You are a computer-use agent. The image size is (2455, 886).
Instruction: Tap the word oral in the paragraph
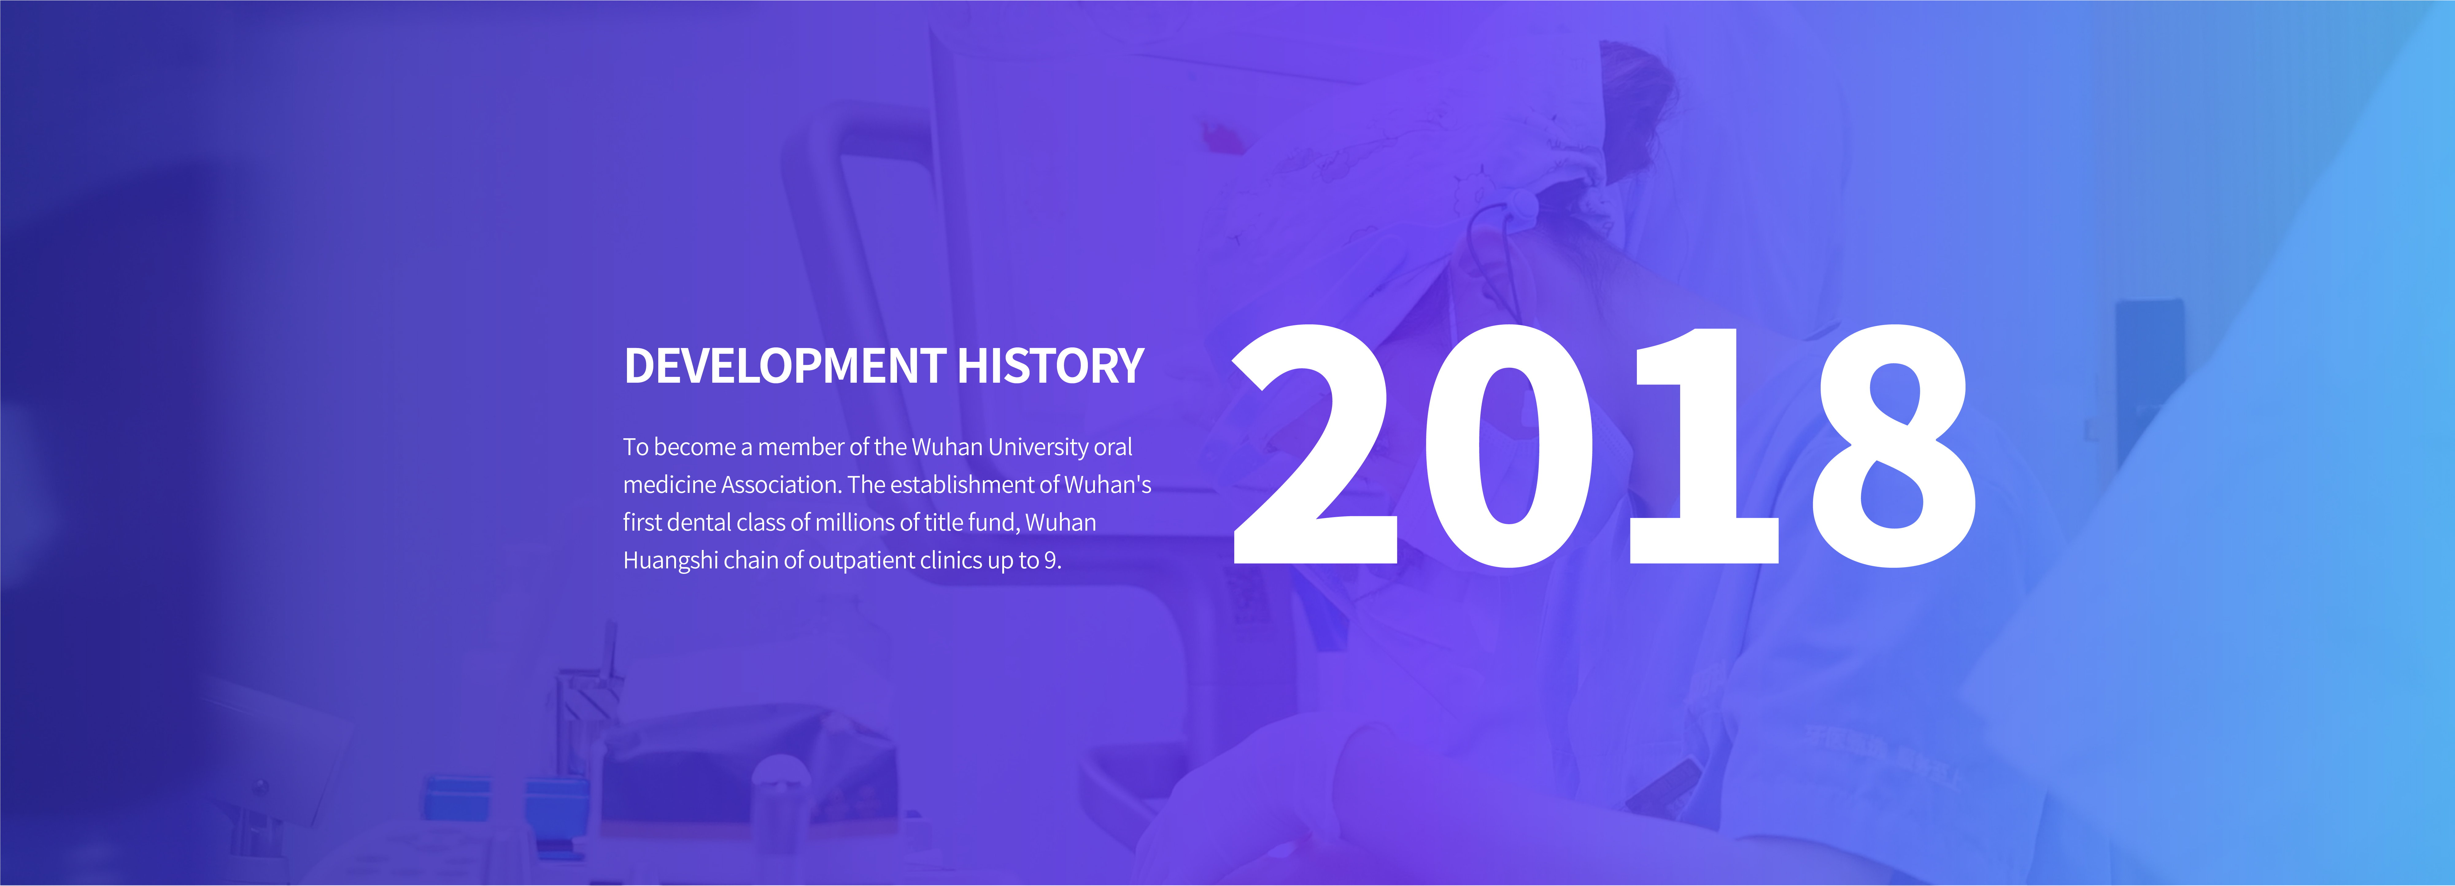tap(1113, 447)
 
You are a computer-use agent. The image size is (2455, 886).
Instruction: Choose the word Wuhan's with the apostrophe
tap(1108, 485)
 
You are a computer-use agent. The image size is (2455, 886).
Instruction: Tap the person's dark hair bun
tap(1637, 105)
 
